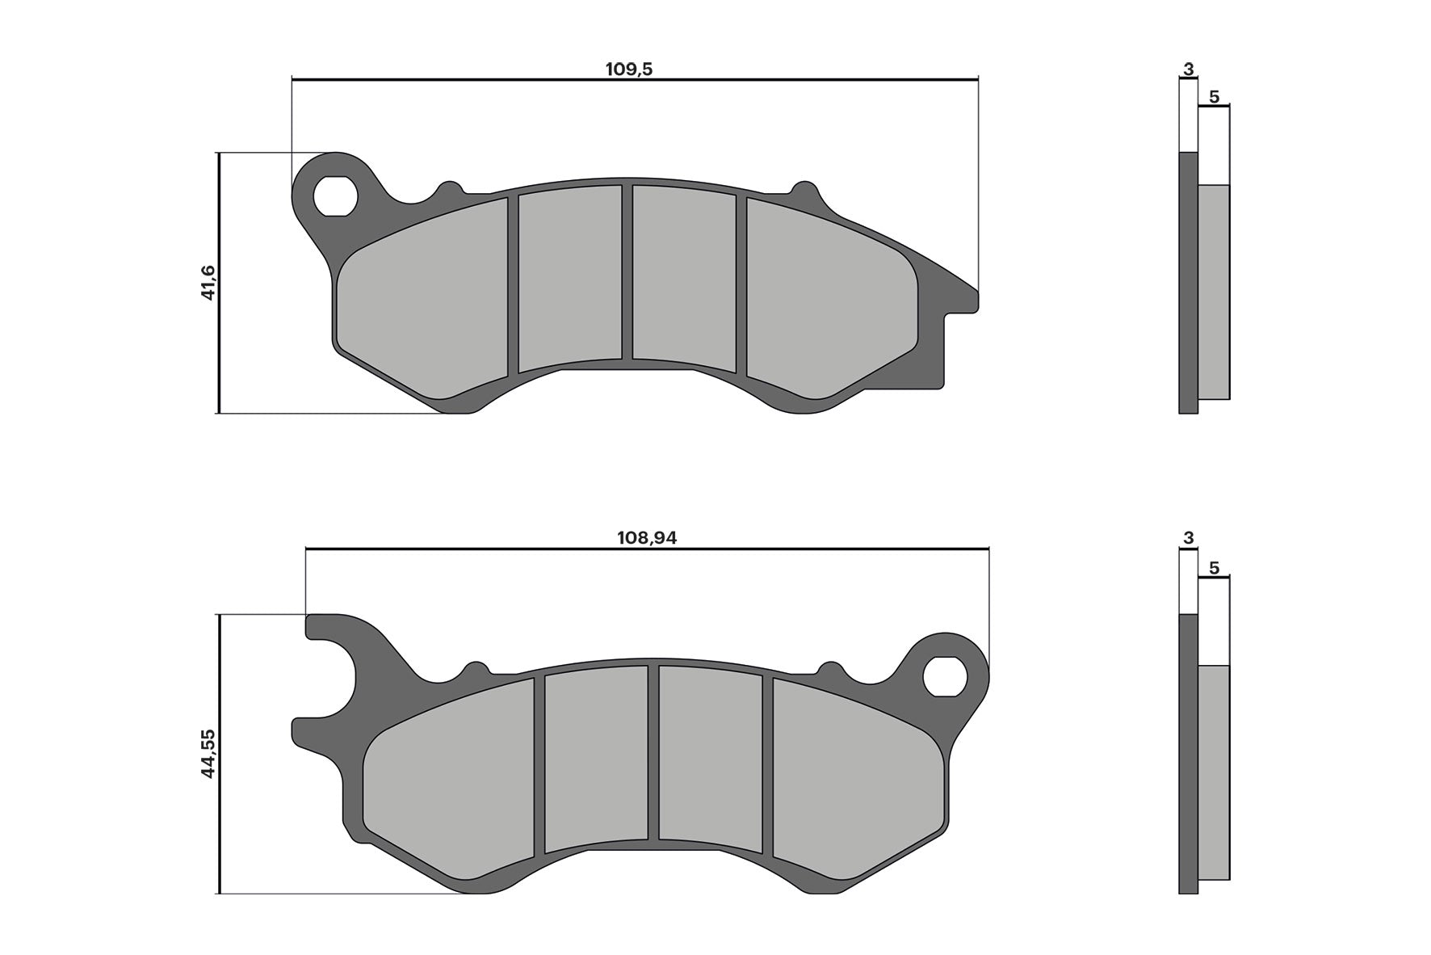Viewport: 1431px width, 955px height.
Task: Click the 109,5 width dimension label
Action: pos(628,69)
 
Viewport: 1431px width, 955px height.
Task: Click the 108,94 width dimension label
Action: pos(646,538)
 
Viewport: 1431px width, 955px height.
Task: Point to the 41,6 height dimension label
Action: pos(208,283)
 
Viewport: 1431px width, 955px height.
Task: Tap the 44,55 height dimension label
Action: pos(208,753)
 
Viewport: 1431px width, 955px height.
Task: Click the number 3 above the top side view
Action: pos(1188,69)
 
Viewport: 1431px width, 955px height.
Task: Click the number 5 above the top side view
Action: pos(1214,97)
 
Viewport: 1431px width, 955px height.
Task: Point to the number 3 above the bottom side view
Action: pos(1188,538)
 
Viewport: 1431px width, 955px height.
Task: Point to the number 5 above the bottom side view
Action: pos(1214,568)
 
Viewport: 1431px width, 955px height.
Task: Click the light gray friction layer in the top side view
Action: pos(1214,291)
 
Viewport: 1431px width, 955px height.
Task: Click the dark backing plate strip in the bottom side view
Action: pos(1188,751)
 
